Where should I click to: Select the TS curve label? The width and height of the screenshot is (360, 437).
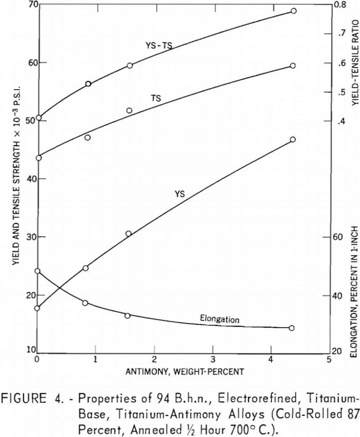click(x=156, y=99)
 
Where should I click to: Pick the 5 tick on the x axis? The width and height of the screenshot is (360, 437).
click(x=329, y=360)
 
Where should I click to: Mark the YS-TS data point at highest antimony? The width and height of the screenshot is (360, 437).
click(x=293, y=11)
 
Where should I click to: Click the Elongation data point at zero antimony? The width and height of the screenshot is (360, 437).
click(x=38, y=271)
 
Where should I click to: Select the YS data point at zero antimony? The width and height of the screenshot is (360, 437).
click(x=38, y=308)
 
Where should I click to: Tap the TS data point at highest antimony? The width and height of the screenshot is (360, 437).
click(x=292, y=66)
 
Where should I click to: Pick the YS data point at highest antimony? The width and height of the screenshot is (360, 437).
click(x=292, y=139)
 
